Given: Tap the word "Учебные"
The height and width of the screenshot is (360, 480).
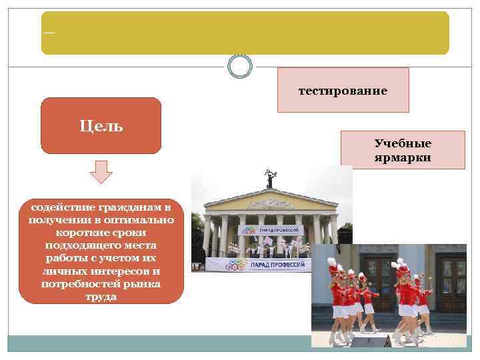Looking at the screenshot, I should [403, 144].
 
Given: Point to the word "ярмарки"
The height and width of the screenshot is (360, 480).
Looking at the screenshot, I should [403, 157].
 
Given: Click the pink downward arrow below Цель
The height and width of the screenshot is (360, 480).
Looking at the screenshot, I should [101, 171].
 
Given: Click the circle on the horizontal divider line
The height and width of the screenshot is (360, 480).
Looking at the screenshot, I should [240, 65].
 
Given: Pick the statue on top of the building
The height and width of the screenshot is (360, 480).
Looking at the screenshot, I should [270, 177].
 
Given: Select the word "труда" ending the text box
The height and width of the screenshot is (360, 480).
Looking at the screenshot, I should [101, 297].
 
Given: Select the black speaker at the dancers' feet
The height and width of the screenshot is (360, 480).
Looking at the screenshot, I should [371, 341].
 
